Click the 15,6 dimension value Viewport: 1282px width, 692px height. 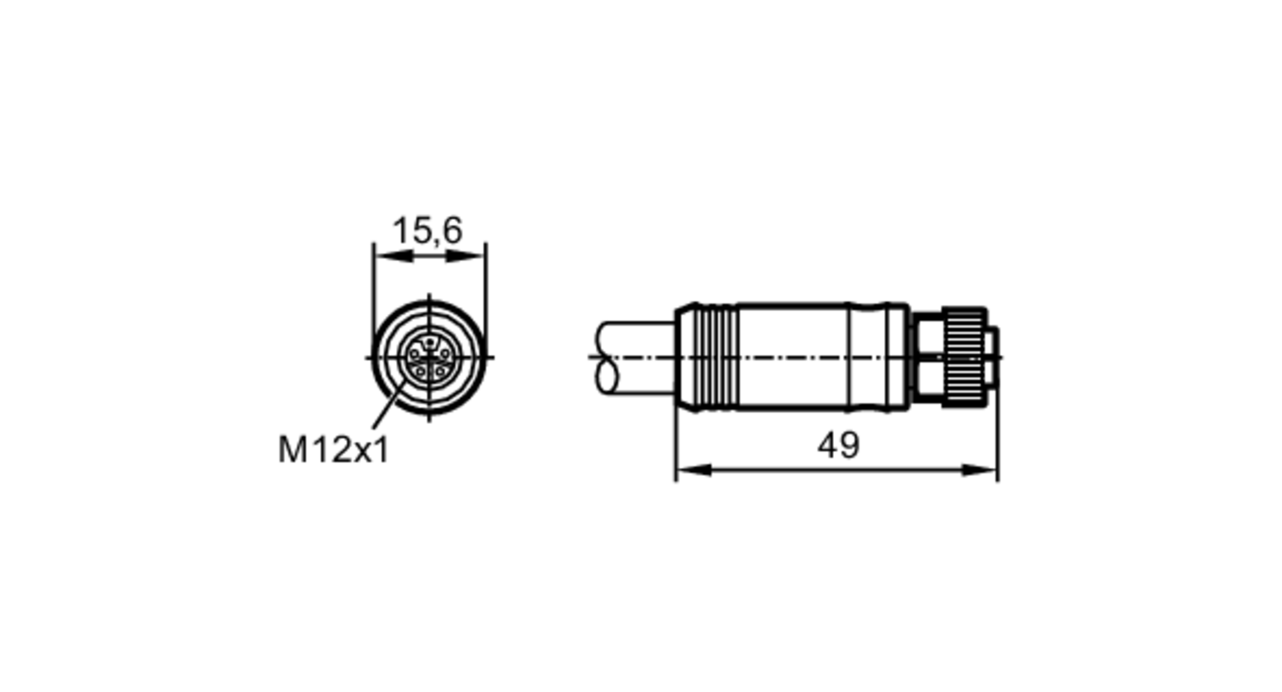pos(427,231)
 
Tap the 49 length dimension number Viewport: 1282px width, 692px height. pos(838,445)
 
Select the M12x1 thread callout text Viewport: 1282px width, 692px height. pos(333,450)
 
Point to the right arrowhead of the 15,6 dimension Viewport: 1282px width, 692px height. pos(465,256)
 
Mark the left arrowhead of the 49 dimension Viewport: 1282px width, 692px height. pos(695,470)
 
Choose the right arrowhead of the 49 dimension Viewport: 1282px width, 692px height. pos(979,470)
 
